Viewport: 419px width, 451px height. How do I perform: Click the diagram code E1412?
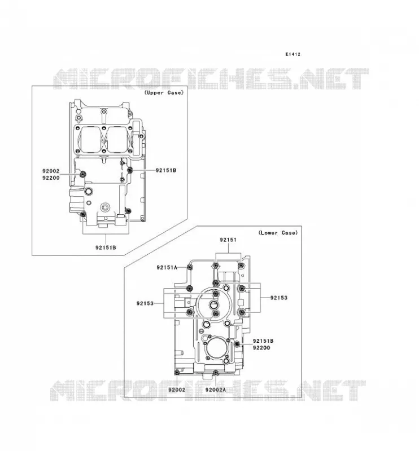pyautogui.click(x=293, y=54)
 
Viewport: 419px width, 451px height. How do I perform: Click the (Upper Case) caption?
pyautogui.click(x=164, y=92)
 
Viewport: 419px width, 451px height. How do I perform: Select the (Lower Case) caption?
pyautogui.click(x=278, y=233)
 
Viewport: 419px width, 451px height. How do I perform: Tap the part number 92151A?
pyautogui.click(x=167, y=267)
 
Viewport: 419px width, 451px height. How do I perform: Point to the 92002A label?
pyautogui.click(x=216, y=390)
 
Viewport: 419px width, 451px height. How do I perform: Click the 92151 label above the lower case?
pyautogui.click(x=228, y=240)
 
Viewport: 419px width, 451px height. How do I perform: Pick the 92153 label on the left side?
pyautogui.click(x=145, y=303)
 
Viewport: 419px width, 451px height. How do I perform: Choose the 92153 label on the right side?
pyautogui.click(x=279, y=298)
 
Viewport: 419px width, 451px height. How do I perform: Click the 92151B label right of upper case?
pyautogui.click(x=165, y=170)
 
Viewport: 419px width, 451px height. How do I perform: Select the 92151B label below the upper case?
pyautogui.click(x=106, y=247)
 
